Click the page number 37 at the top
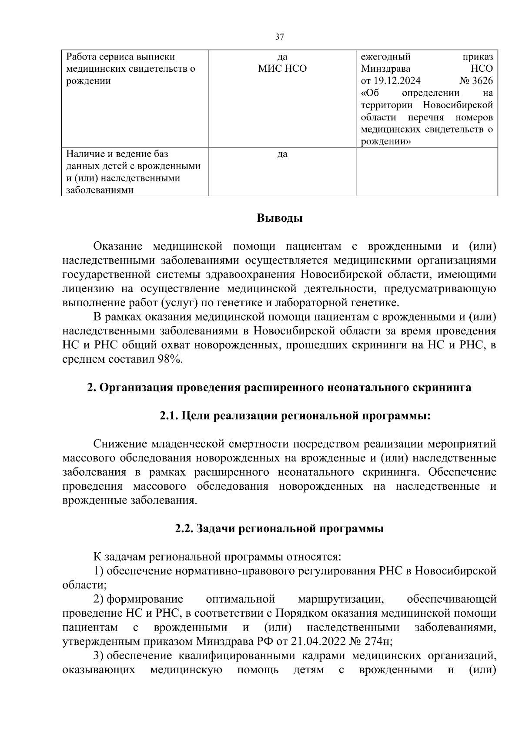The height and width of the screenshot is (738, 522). pyautogui.click(x=279, y=37)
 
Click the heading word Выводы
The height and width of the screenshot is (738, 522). pyautogui.click(x=279, y=218)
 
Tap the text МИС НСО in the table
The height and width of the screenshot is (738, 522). pyautogui.click(x=282, y=69)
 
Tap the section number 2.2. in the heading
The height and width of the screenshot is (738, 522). pyautogui.click(x=184, y=529)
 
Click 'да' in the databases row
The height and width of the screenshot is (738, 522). pyautogui.click(x=282, y=154)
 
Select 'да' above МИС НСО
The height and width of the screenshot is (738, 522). pyautogui.click(x=282, y=57)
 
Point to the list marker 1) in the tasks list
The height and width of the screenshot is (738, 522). pyautogui.click(x=99, y=571)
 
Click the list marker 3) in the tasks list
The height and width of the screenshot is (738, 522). pyautogui.click(x=99, y=655)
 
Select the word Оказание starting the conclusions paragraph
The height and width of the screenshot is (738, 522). pyautogui.click(x=118, y=247)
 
